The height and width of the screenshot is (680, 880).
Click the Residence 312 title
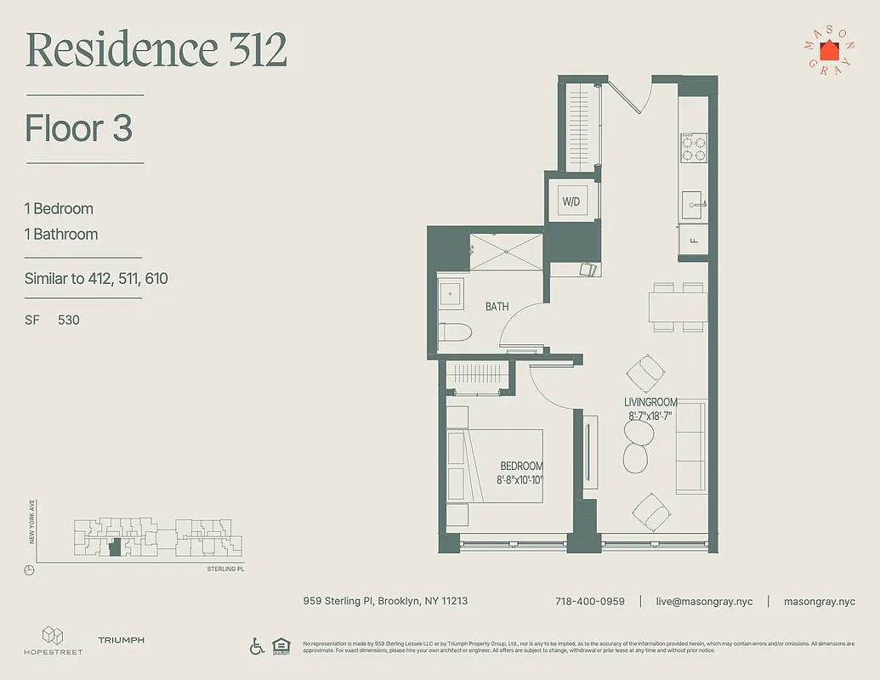click(156, 50)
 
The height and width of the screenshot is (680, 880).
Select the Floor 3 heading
click(79, 128)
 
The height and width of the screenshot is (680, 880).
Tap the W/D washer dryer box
click(571, 201)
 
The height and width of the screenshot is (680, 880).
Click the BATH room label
click(497, 306)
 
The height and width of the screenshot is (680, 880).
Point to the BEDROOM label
click(521, 467)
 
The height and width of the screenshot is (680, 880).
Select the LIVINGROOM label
click(650, 402)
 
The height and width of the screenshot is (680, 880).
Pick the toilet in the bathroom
click(453, 334)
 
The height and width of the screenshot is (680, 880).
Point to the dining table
click(678, 307)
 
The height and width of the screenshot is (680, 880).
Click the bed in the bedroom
click(496, 466)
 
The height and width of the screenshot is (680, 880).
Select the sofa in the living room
click(690, 448)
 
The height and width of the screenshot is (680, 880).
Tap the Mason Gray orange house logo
click(829, 50)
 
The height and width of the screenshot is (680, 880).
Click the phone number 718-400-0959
click(589, 601)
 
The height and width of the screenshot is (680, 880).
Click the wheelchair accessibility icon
click(257, 646)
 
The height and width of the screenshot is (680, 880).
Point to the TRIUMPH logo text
click(121, 640)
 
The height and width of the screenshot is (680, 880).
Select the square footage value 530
click(69, 320)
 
